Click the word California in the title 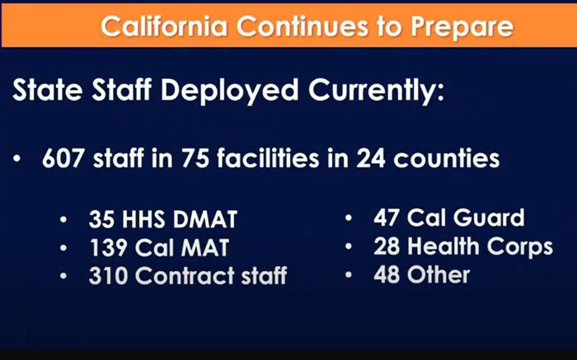pos(164,26)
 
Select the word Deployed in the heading pos(230,91)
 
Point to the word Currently pos(377,91)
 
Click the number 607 pos(63,158)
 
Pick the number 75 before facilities pos(195,158)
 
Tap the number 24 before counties pos(371,158)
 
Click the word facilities pos(268,157)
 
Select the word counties pos(447,158)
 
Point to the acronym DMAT pos(205,219)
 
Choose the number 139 pos(108,247)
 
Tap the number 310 pos(109,276)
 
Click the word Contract pos(185,276)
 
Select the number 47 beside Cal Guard pos(387,217)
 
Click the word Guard pos(489,217)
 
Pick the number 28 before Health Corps pos(387,246)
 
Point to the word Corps pos(520,247)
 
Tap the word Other pos(439,274)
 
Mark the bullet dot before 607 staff pos(16,159)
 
